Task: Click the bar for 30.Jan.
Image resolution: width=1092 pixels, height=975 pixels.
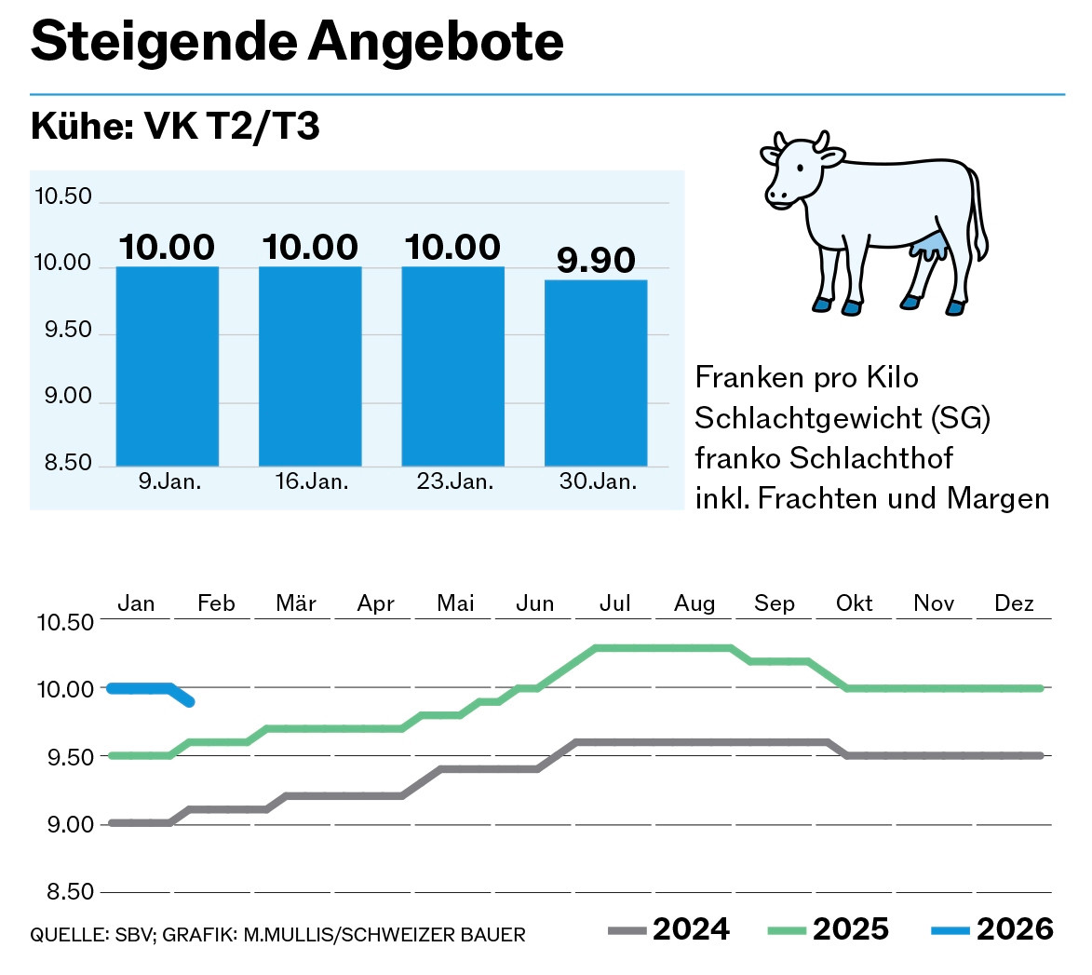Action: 596,372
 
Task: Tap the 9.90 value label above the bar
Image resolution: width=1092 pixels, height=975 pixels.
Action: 596,261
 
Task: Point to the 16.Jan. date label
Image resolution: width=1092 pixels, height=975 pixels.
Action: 312,482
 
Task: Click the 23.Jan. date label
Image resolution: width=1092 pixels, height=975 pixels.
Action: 454,482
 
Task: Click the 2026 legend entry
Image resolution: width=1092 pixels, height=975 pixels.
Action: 991,929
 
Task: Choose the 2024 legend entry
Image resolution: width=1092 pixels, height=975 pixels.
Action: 668,929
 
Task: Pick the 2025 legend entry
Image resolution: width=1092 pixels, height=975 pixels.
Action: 829,929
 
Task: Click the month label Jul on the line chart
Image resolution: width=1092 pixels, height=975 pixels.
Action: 615,603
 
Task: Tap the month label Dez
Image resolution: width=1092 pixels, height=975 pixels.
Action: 1014,603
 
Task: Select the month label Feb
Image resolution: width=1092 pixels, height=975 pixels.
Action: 216,603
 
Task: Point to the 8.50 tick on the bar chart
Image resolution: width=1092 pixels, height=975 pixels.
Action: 63,464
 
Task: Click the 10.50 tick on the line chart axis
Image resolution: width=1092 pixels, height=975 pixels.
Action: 65,622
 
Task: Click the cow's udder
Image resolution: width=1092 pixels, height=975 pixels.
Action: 932,247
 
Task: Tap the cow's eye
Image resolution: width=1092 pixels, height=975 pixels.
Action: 800,166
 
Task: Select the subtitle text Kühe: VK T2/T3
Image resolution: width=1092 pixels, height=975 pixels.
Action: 175,127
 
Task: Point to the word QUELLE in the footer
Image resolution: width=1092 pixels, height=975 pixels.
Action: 61,934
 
